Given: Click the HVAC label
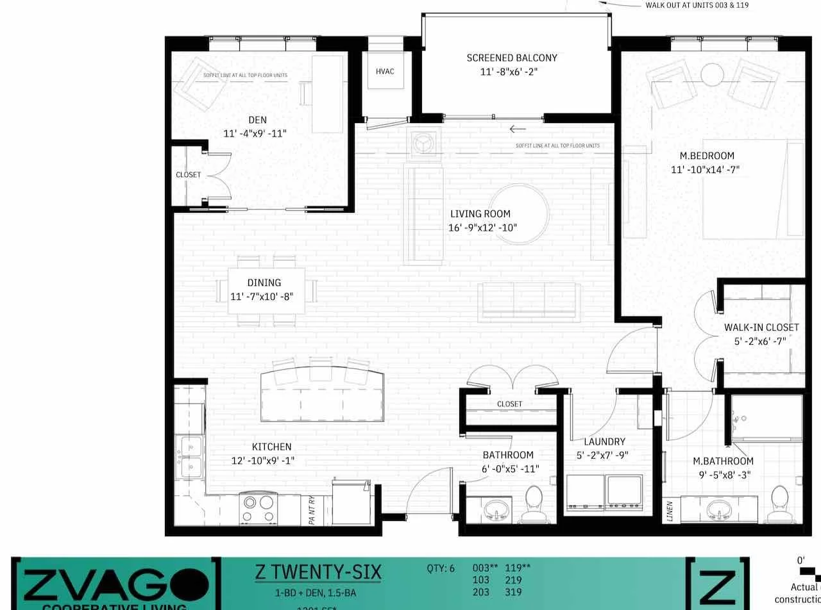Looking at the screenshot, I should tap(385, 71).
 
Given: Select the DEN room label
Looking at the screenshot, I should tap(257, 120).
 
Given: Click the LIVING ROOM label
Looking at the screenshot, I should tap(480, 214).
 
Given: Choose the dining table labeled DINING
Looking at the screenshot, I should tap(266, 290).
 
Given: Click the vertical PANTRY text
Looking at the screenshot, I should tap(312, 511).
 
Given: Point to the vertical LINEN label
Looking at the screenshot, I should tap(670, 511).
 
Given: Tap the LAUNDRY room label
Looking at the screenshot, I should tap(604, 441).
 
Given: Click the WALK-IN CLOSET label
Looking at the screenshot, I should tap(761, 327).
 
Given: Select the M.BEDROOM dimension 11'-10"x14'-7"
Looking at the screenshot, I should tap(706, 170).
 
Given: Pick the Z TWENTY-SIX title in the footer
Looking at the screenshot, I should tap(318, 572).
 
